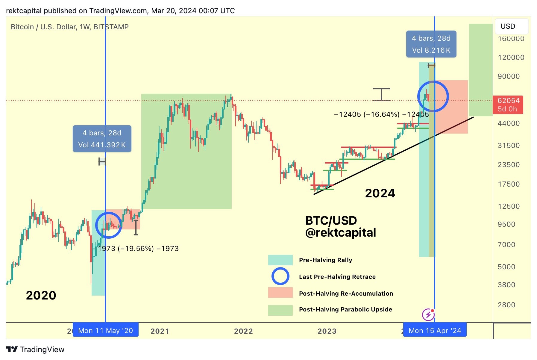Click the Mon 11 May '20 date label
click(x=105, y=330)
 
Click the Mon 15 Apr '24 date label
click(x=435, y=330)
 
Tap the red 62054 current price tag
click(x=508, y=105)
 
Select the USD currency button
click(x=512, y=26)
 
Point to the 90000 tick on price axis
click(x=508, y=76)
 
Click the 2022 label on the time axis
click(x=243, y=331)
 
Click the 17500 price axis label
click(x=508, y=184)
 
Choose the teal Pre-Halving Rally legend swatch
click(x=280, y=260)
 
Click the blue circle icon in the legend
click(x=280, y=276)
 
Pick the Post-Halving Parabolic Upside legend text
click(x=345, y=309)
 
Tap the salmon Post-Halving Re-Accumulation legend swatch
click(x=280, y=293)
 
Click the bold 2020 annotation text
click(x=41, y=295)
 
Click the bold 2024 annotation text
click(x=380, y=193)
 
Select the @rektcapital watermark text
click(x=340, y=233)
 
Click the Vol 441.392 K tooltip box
click(x=102, y=139)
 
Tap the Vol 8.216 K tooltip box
click(x=431, y=44)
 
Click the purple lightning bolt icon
click(x=428, y=315)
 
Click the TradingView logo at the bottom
click(x=35, y=350)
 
